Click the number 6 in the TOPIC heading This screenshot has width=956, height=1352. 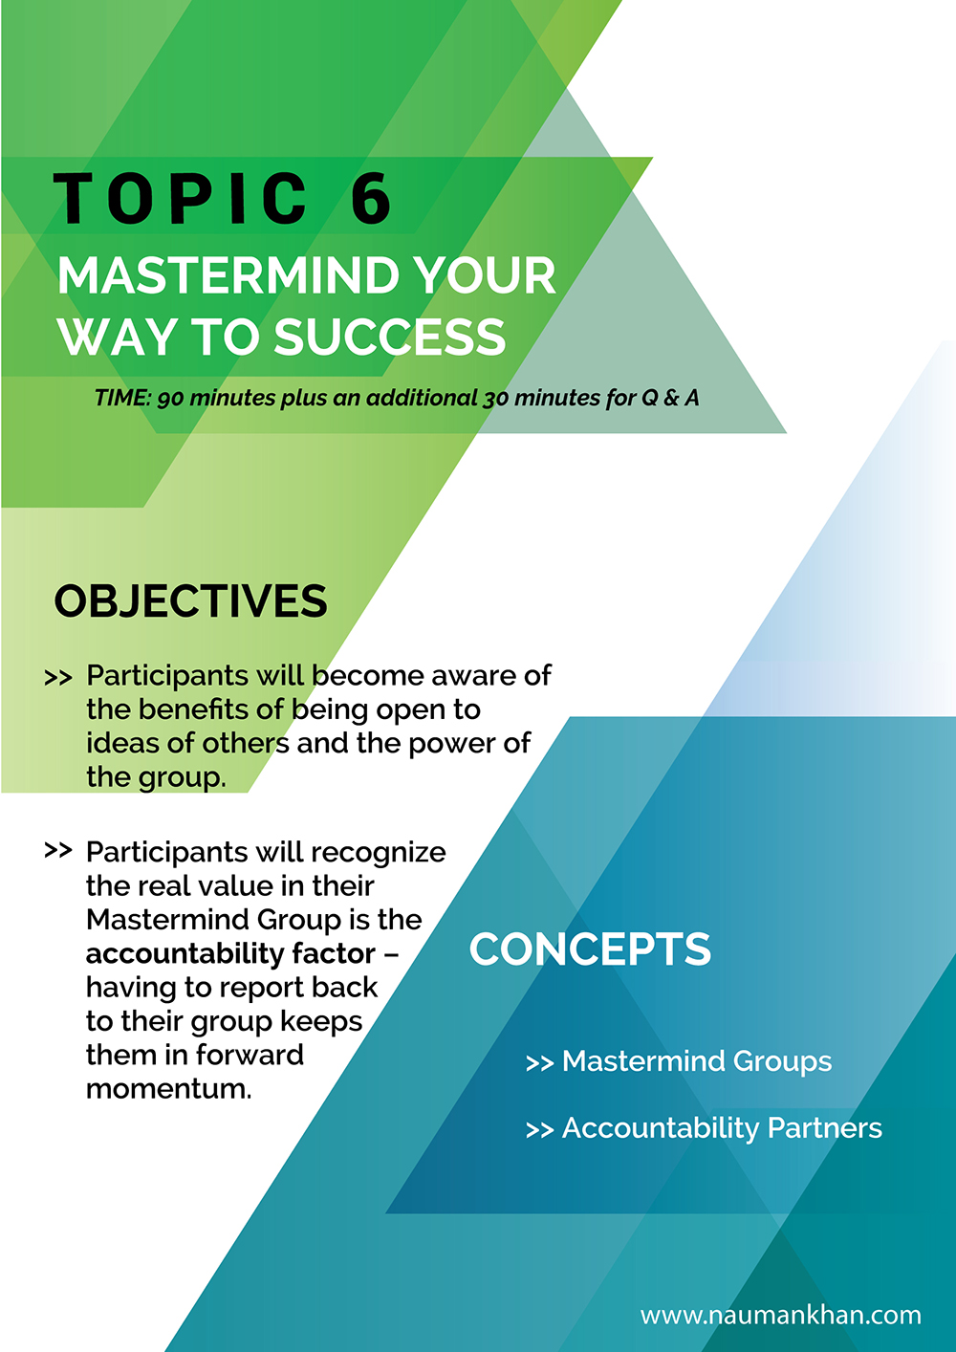pos(371,198)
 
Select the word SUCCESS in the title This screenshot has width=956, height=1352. pos(390,337)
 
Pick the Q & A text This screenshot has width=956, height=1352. pos(669,398)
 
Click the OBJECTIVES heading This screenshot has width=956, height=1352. pos(190,601)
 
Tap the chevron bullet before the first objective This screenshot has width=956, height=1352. pos(58,678)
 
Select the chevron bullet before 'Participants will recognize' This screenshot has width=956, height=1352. pos(58,850)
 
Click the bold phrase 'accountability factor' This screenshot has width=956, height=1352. pos(230,953)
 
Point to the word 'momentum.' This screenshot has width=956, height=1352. pos(168,1089)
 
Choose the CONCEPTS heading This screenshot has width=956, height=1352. pos(590,949)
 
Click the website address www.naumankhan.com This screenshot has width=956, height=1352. pos(781,1315)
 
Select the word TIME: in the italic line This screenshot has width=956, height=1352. pos(122,398)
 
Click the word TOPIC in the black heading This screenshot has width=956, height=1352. pos(180,198)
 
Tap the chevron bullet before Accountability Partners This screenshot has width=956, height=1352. pos(539,1130)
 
